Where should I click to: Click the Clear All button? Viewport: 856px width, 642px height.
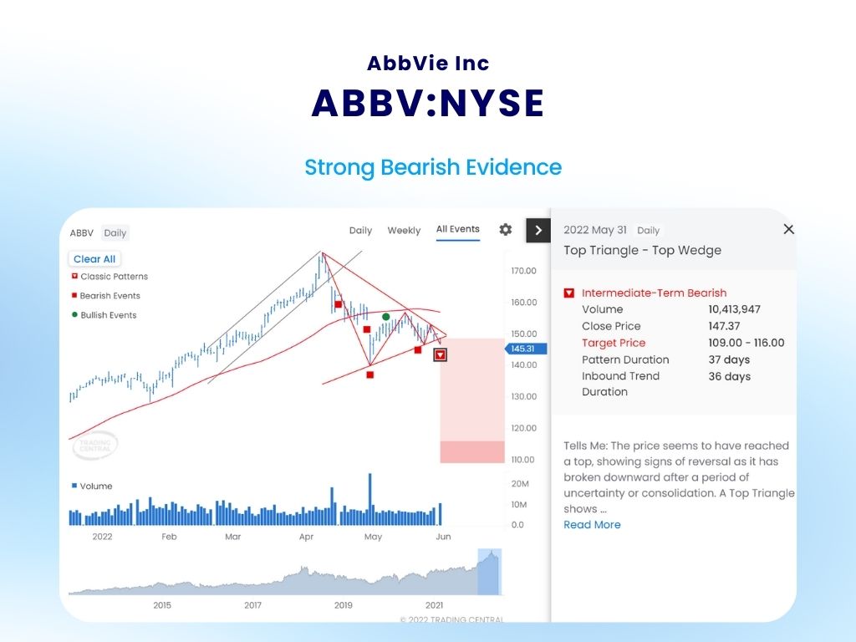94,259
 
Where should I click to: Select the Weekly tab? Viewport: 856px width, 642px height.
404,231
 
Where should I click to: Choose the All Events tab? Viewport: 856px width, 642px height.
458,229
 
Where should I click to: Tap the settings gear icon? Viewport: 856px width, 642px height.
505,230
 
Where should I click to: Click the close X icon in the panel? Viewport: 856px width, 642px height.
788,229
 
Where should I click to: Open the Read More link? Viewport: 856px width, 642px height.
592,525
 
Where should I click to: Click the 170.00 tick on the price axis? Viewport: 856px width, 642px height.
522,272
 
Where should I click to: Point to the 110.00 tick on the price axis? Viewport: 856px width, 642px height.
522,460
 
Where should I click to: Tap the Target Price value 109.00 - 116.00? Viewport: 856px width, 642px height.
746,343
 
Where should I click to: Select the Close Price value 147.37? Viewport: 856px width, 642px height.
725,326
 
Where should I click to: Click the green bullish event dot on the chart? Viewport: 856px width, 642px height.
385,317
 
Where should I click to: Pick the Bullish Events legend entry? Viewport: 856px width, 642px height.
108,315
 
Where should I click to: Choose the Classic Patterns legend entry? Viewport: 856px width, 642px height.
114,277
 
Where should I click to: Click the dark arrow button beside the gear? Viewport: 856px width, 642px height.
538,230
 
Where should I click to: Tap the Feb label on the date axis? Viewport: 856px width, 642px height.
169,537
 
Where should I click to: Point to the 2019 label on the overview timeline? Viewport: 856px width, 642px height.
344,604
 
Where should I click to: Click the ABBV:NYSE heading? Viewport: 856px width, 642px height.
428,103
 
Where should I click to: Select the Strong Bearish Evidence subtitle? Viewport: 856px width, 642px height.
433,167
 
